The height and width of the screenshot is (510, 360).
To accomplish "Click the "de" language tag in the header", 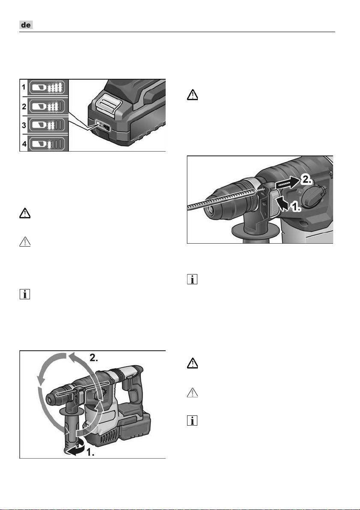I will tap(27, 26).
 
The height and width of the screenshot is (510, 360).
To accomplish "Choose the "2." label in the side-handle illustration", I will tap(96, 358).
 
